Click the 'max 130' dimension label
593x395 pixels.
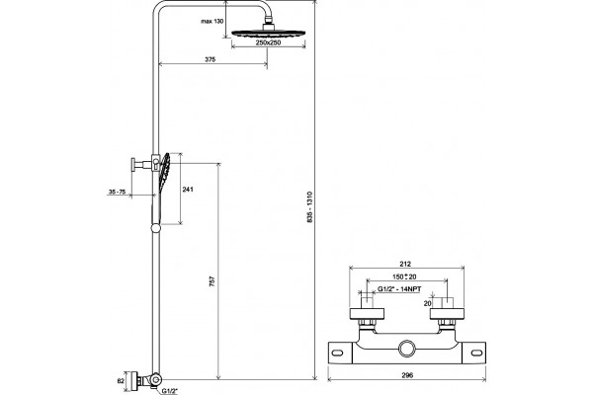tap(212, 21)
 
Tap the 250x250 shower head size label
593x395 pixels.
tap(268, 42)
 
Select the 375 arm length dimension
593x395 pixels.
tap(210, 59)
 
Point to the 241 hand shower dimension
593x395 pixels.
tap(188, 189)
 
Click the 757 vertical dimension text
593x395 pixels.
tap(212, 280)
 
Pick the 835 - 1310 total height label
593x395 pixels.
tap(310, 206)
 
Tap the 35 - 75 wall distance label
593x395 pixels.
tap(117, 192)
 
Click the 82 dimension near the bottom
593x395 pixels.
tap(121, 381)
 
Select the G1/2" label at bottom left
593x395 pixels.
tap(170, 390)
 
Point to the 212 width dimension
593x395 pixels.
tap(405, 264)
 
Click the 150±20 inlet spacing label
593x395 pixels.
tap(404, 276)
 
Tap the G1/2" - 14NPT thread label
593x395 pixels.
tap(399, 289)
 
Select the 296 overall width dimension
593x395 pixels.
tap(407, 375)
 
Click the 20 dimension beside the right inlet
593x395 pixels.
tap(427, 303)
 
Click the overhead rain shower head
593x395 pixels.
tap(269, 34)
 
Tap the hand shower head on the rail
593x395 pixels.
tap(165, 172)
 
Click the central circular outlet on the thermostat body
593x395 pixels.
tap(407, 349)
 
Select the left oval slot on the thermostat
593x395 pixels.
tap(337, 354)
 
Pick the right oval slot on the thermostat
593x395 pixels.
tap(477, 354)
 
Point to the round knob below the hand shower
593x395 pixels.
tap(155, 228)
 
